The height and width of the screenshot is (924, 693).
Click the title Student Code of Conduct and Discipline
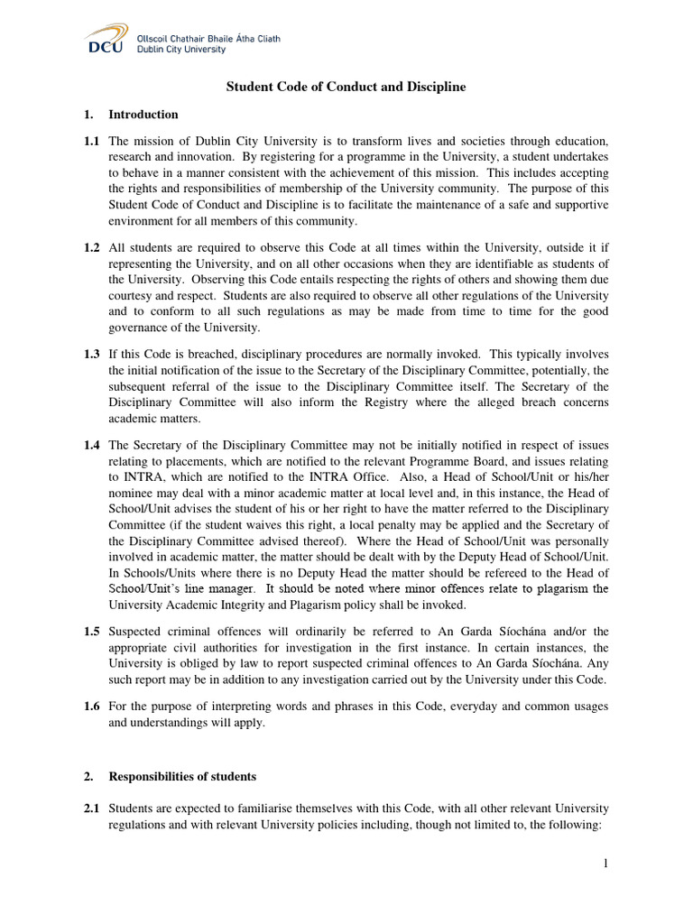tap(346, 87)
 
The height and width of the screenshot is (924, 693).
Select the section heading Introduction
tap(143, 115)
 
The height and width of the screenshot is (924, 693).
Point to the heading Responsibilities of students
tap(182, 776)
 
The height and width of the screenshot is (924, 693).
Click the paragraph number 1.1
tap(92, 142)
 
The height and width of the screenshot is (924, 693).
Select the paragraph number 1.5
tap(92, 631)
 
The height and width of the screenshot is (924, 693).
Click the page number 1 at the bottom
tap(606, 864)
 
